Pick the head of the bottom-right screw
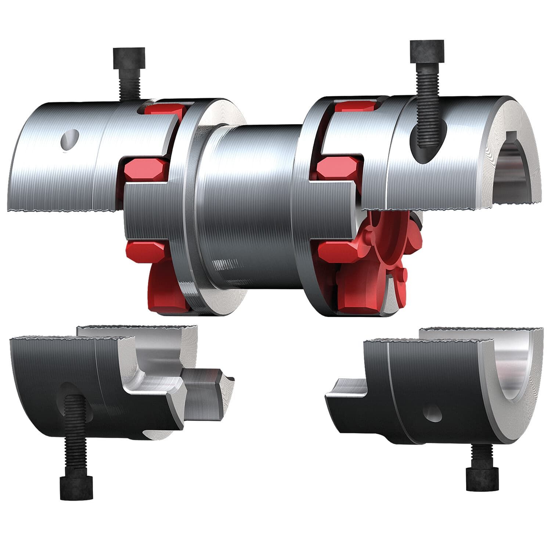[483, 479]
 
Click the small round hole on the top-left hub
[70, 140]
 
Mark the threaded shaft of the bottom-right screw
[481, 455]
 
